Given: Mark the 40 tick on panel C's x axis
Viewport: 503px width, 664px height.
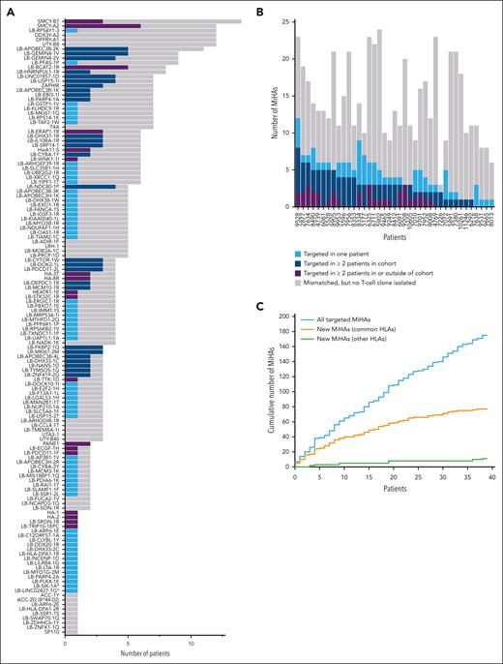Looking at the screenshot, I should click(x=491, y=474).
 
